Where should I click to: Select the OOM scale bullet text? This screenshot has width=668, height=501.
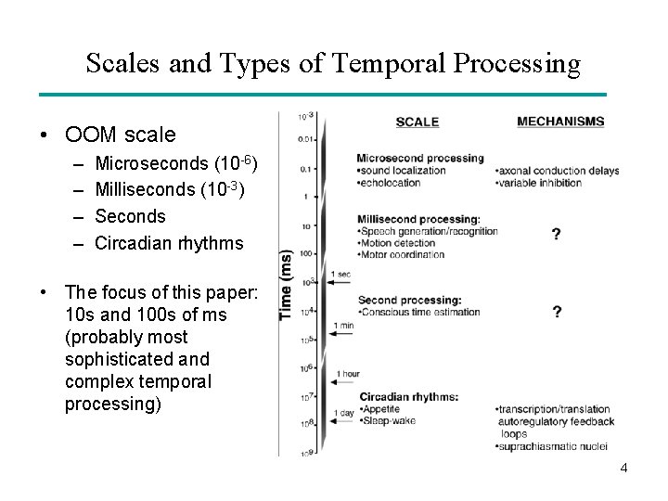point(120,135)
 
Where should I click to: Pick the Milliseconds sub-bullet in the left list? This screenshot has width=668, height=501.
point(173,190)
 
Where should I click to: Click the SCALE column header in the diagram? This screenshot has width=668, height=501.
point(417,122)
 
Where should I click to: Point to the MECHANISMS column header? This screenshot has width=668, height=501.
point(559,121)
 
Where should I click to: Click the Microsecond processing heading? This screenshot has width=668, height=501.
point(420,158)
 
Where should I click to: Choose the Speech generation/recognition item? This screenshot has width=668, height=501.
point(429,231)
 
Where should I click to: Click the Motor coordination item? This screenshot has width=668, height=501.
point(402,255)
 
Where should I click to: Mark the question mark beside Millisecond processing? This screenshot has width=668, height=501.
point(556,235)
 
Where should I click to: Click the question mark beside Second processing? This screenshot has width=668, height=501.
point(556,313)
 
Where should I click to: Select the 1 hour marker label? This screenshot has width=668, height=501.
point(347,374)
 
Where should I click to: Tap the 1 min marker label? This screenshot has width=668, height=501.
point(345,325)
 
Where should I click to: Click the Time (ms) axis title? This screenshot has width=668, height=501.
point(287,285)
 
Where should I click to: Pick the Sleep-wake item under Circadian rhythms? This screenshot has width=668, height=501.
point(388,420)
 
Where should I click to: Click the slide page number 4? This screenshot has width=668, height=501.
point(623,468)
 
